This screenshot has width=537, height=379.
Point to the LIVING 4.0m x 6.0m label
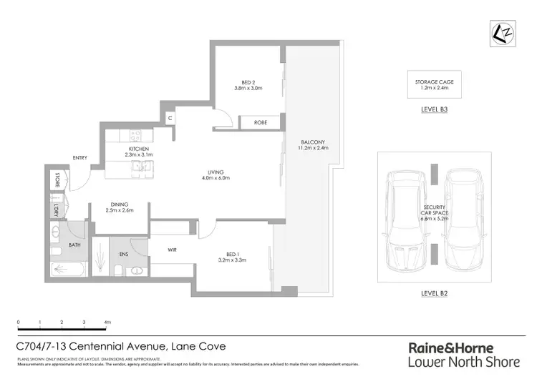216,176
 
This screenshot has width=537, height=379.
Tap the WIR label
172,250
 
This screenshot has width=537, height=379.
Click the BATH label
74,245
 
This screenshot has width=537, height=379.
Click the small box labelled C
170,118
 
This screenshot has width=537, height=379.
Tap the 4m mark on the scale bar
107,323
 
